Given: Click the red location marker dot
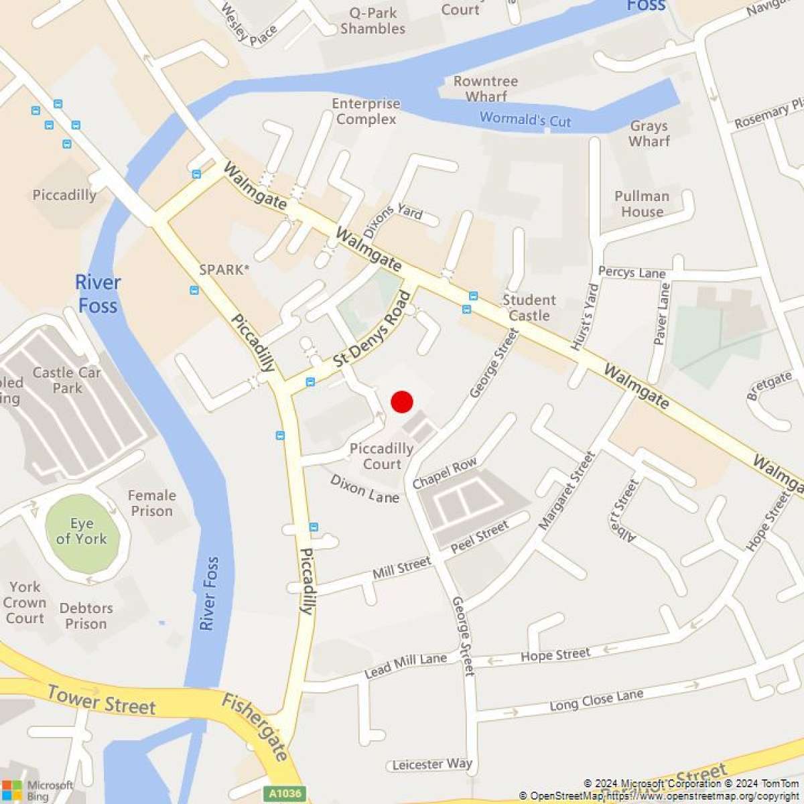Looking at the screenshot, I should pos(401,402).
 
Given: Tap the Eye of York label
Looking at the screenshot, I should pos(82,531).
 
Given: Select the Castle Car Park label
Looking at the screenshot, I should pos(67,380).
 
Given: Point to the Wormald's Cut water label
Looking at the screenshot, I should pos(525,120).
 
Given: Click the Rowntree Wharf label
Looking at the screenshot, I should pos(486,88).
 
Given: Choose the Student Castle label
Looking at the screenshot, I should pos(529,308).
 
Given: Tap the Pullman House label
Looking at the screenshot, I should pos(642,204).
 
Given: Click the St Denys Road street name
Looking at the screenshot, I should pos(373,328).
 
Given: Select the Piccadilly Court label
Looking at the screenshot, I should pos(381,456).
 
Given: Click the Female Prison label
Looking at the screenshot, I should pos(152,503).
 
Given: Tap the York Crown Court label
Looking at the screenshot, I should pos(25,602).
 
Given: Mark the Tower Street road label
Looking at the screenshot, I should pos(101,700).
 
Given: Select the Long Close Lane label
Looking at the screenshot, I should pos(596,701).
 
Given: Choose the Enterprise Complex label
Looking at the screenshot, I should pos(366,111).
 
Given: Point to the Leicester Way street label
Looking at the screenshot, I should pos(432,764).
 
